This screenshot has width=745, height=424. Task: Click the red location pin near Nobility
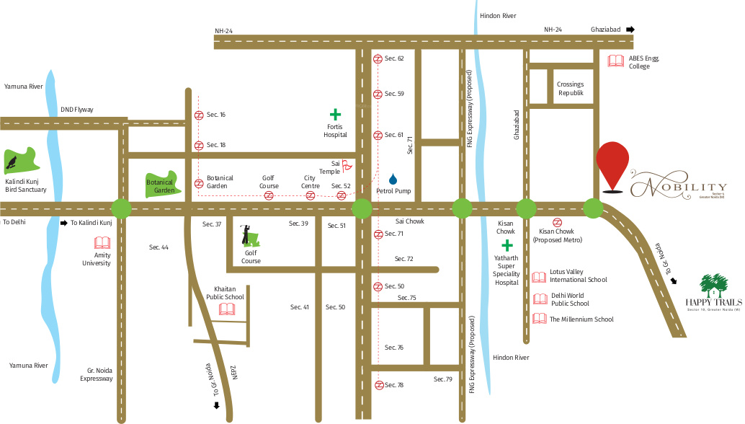612,164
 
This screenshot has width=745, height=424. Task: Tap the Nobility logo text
678,187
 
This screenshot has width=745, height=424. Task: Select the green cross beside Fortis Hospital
335,114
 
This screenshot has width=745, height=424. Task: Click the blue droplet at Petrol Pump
393,179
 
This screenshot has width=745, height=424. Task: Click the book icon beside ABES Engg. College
615,61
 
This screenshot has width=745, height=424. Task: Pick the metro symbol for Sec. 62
378,58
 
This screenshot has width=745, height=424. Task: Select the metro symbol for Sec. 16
199,115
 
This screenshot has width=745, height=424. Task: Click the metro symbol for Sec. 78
378,385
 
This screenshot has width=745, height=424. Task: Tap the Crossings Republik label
570,89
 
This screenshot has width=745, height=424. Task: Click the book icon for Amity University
103,243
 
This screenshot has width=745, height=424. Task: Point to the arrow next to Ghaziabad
630,30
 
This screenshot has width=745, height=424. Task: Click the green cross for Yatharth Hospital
507,247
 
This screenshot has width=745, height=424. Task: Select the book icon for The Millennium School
539,319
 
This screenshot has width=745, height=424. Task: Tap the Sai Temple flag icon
347,165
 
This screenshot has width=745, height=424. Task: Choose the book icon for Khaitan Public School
227,309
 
